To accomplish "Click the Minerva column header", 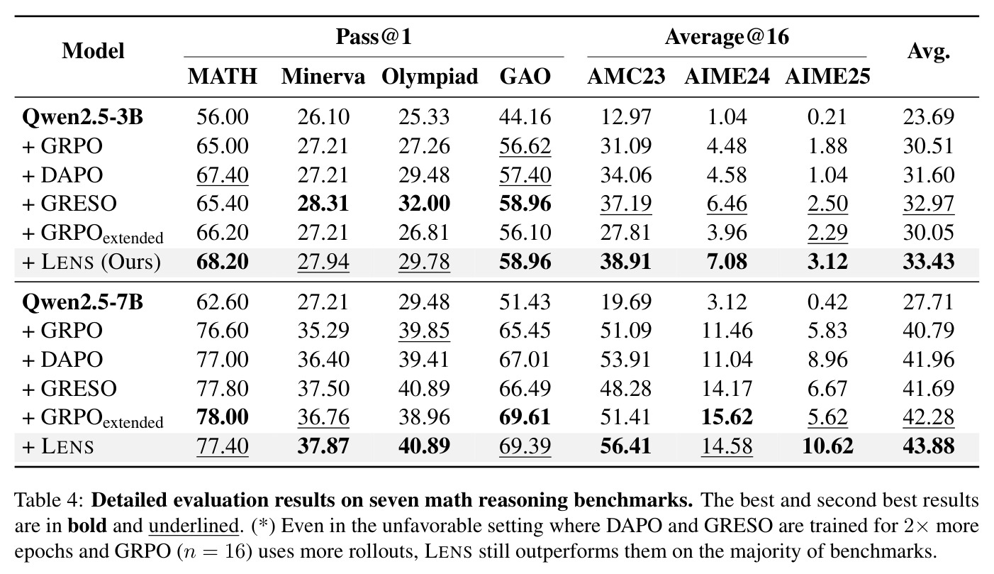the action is click(x=323, y=77).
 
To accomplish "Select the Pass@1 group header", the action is click(x=374, y=36).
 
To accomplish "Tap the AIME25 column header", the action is click(x=827, y=77).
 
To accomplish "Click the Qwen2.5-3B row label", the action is click(x=82, y=117).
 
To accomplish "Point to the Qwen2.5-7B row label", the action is click(x=82, y=302).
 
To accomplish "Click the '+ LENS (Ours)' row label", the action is click(x=91, y=262).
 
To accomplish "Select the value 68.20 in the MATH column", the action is click(x=223, y=261).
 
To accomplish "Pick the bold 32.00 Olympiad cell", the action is click(x=424, y=204).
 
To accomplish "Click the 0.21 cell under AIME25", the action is click(x=827, y=117).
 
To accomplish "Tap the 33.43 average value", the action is click(x=928, y=261).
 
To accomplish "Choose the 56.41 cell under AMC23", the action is click(x=626, y=446).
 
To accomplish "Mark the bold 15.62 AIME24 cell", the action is click(x=727, y=417).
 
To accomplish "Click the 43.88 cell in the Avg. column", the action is click(x=928, y=446).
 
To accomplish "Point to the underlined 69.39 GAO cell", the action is click(x=525, y=446).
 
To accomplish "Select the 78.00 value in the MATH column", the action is click(x=223, y=417).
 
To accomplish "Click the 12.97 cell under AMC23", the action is click(x=626, y=117).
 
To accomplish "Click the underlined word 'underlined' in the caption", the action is click(x=194, y=526).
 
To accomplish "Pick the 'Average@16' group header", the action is click(x=727, y=36).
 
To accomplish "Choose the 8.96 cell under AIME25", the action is click(x=827, y=359).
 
